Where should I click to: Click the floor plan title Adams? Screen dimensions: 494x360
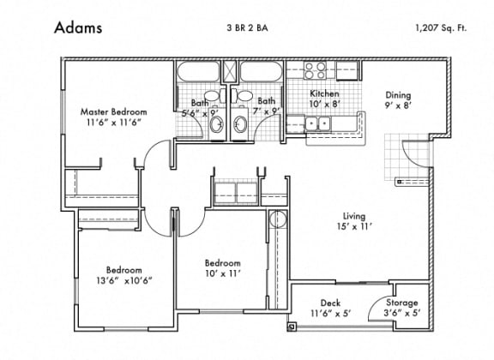click(78, 27)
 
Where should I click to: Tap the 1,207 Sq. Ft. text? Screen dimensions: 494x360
click(441, 28)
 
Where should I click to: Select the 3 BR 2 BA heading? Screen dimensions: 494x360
click(247, 28)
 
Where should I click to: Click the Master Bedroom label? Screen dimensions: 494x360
click(113, 111)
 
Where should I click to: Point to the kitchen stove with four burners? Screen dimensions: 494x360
click(315, 70)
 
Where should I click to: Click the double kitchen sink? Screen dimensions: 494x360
click(317, 123)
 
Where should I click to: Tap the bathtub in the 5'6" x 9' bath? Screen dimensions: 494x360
click(198, 71)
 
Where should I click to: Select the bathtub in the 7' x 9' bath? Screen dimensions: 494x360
click(262, 71)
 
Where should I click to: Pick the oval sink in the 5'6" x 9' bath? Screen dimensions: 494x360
click(217, 124)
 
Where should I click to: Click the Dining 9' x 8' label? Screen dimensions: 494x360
click(398, 99)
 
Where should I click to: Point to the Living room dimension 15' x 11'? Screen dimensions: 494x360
click(355, 227)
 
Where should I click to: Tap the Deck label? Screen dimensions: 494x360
click(330, 303)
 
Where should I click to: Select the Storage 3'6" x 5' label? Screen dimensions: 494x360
click(402, 308)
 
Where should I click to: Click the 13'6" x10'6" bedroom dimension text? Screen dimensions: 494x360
click(124, 280)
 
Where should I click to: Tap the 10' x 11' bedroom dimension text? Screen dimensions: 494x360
click(223, 273)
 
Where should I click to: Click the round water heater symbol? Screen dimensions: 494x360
click(278, 219)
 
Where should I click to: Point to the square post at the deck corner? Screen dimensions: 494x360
click(291, 327)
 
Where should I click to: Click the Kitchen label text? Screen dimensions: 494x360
click(324, 93)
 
